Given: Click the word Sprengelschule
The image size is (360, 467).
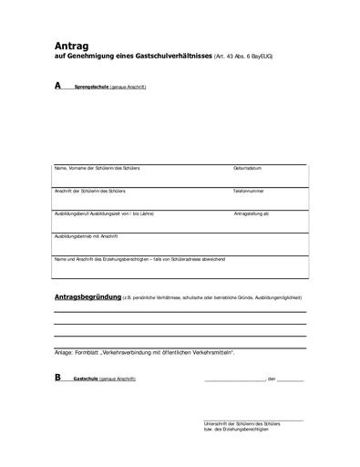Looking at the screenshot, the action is click(x=90, y=87).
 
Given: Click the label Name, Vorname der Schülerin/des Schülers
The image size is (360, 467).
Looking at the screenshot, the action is click(x=98, y=170).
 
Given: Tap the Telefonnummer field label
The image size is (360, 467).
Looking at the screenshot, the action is click(x=249, y=192).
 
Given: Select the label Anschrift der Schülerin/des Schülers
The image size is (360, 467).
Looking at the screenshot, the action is click(x=89, y=192).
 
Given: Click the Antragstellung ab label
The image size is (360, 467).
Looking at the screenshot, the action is click(x=252, y=213).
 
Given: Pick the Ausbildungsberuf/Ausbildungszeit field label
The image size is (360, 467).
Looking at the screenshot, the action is click(x=105, y=213).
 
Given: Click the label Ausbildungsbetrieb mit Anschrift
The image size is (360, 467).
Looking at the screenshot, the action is click(x=87, y=235).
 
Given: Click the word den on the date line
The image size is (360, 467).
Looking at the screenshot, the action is click(x=271, y=378).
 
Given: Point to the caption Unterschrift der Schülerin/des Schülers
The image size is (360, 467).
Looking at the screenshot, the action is click(x=242, y=424).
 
